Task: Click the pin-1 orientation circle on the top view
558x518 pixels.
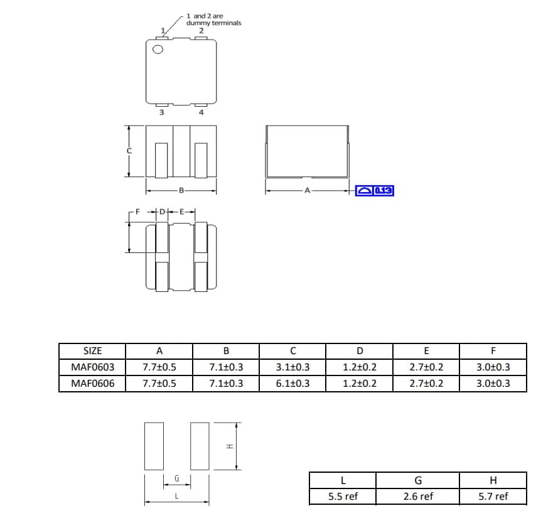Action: [158, 50]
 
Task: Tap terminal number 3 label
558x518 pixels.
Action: [161, 113]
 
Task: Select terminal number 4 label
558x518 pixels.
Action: [201, 113]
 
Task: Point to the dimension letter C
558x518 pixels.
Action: [129, 151]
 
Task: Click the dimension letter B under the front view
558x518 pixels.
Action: [181, 190]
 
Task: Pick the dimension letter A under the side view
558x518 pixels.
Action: [307, 190]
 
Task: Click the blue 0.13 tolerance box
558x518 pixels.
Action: [374, 190]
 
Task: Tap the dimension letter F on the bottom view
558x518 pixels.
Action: [130, 212]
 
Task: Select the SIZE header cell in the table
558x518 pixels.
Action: [92, 351]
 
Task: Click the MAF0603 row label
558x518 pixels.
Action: [92, 367]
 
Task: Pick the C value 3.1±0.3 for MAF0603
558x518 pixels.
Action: [292, 367]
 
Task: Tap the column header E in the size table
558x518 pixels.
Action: [426, 351]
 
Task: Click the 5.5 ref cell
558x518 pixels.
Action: [343, 497]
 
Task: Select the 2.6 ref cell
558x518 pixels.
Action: [418, 497]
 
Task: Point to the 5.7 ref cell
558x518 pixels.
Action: [493, 497]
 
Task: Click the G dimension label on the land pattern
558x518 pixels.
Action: [176, 478]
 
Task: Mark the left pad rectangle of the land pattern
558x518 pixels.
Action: [154, 446]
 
